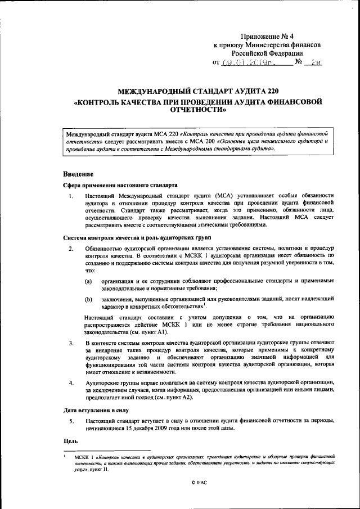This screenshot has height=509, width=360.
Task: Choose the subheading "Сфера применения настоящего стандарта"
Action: coord(120,184)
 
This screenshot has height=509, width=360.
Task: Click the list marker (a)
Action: coord(89,280)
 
